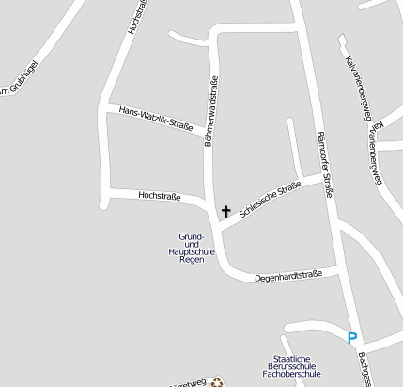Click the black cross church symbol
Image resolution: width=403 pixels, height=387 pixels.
click(x=225, y=211)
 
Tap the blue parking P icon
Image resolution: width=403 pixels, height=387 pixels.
click(x=352, y=338)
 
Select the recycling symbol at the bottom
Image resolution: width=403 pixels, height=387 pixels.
click(x=218, y=381)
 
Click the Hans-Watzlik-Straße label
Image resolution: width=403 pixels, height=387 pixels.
click(x=156, y=118)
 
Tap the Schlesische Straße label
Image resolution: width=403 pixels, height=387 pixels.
click(x=270, y=200)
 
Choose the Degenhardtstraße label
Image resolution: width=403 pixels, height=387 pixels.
click(x=288, y=276)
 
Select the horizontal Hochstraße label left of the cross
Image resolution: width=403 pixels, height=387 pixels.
click(x=159, y=196)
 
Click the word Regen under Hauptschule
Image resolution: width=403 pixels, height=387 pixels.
click(x=192, y=258)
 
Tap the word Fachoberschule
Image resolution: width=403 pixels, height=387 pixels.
click(x=291, y=377)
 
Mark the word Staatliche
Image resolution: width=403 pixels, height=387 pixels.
click(x=291, y=358)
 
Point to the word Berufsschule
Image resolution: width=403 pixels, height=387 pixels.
click(x=291, y=367)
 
